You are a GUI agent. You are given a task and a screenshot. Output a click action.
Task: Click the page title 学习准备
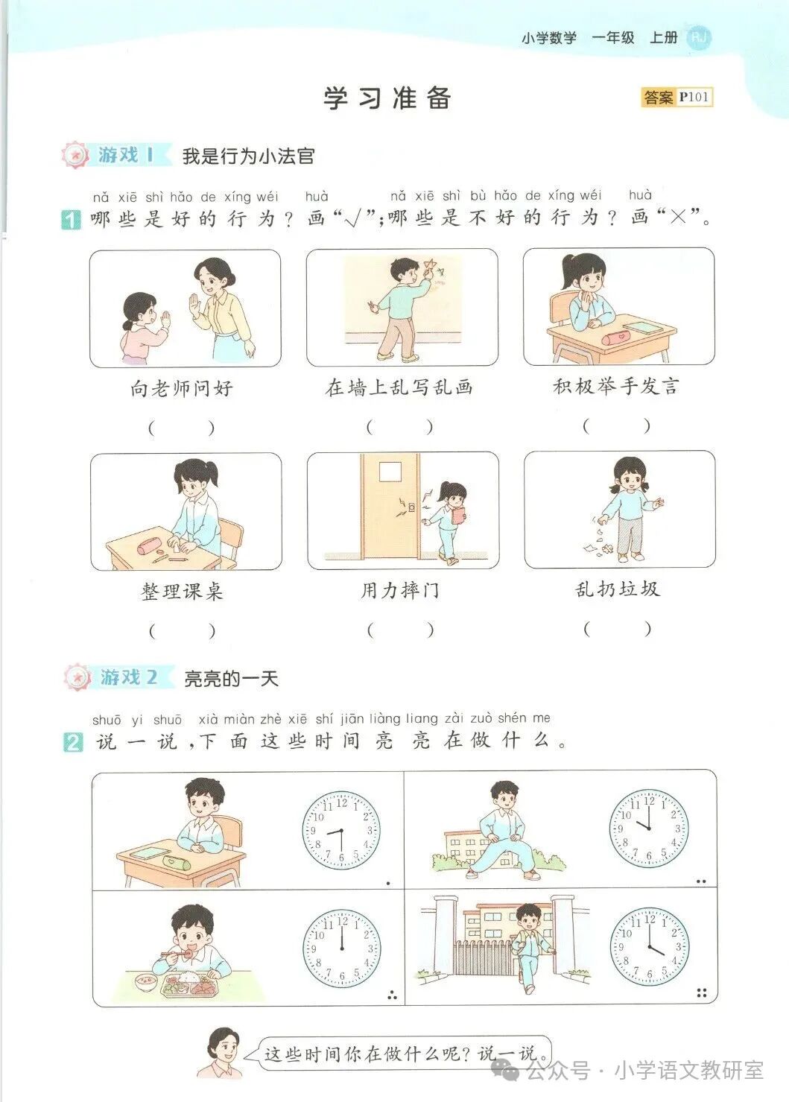point(387,98)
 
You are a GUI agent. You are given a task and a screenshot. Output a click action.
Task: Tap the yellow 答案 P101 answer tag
point(676,97)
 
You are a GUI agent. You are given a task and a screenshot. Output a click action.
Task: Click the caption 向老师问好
point(182,388)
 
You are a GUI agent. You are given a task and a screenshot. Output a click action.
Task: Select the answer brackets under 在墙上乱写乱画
point(399,427)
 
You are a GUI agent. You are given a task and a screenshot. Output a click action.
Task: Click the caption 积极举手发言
point(616,386)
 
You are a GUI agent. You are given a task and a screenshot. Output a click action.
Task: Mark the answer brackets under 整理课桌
point(183,631)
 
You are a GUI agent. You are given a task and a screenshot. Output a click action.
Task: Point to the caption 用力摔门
point(400,591)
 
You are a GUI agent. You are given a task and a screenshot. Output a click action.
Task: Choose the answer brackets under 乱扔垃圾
point(617,629)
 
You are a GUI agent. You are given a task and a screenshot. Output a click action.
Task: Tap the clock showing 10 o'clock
point(649,829)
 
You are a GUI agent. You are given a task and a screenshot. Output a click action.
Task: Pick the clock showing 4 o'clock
point(649,947)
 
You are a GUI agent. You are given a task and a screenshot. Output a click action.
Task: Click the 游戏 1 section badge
point(117,155)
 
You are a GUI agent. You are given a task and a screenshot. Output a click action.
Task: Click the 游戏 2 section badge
point(119,677)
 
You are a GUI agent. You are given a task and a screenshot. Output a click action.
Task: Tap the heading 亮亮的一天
point(231,679)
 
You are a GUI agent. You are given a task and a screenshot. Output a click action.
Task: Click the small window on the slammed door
point(390,472)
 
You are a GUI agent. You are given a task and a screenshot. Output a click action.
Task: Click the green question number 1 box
point(71,220)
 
